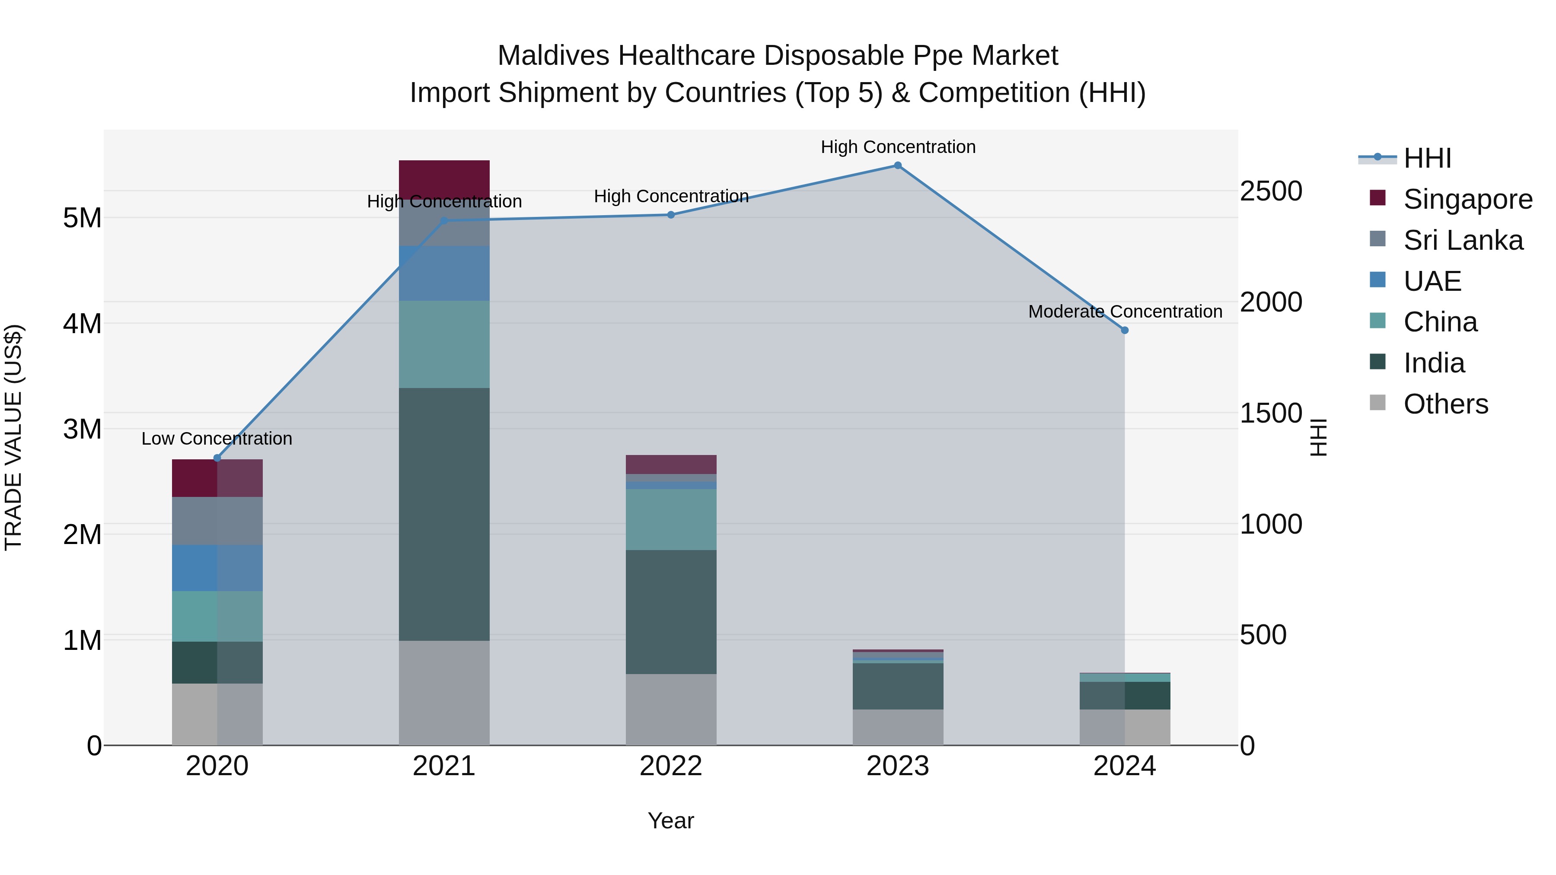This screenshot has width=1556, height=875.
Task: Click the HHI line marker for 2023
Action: click(898, 165)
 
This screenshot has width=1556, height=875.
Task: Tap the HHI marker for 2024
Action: click(1125, 330)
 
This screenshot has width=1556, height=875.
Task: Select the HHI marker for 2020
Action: click(217, 458)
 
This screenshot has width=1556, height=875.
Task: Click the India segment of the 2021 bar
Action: click(444, 513)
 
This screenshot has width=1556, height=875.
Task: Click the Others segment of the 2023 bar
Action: click(898, 727)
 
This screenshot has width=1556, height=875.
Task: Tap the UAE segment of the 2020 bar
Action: click(217, 568)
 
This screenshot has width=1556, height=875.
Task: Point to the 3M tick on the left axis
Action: click(82, 429)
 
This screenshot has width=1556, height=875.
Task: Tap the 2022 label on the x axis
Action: click(670, 766)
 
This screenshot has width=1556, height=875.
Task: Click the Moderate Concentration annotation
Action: click(1125, 312)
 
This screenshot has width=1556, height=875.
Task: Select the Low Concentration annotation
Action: click(217, 439)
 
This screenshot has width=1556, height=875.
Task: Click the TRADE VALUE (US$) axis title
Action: click(14, 437)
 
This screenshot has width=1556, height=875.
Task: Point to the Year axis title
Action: click(670, 821)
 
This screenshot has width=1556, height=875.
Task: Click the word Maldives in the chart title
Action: click(553, 56)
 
